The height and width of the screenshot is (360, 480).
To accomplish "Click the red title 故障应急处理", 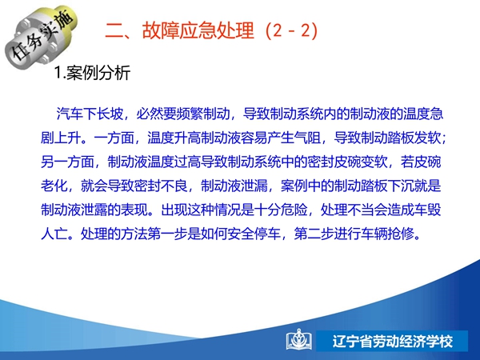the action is click(x=198, y=30).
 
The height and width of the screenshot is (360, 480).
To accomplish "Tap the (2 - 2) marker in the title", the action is click(x=292, y=30).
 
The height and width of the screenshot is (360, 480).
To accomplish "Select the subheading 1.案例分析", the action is click(x=93, y=73).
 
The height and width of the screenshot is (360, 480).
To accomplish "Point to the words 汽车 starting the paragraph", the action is click(x=70, y=114).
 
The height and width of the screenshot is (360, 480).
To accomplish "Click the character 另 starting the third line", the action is click(x=47, y=162).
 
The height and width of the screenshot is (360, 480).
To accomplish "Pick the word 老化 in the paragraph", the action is click(x=54, y=186).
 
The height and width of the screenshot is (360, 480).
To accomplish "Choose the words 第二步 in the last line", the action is click(x=314, y=234).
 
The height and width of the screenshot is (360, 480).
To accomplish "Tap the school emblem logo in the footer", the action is click(x=299, y=340).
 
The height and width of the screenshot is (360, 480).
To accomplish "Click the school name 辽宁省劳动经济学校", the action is click(x=393, y=342).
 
